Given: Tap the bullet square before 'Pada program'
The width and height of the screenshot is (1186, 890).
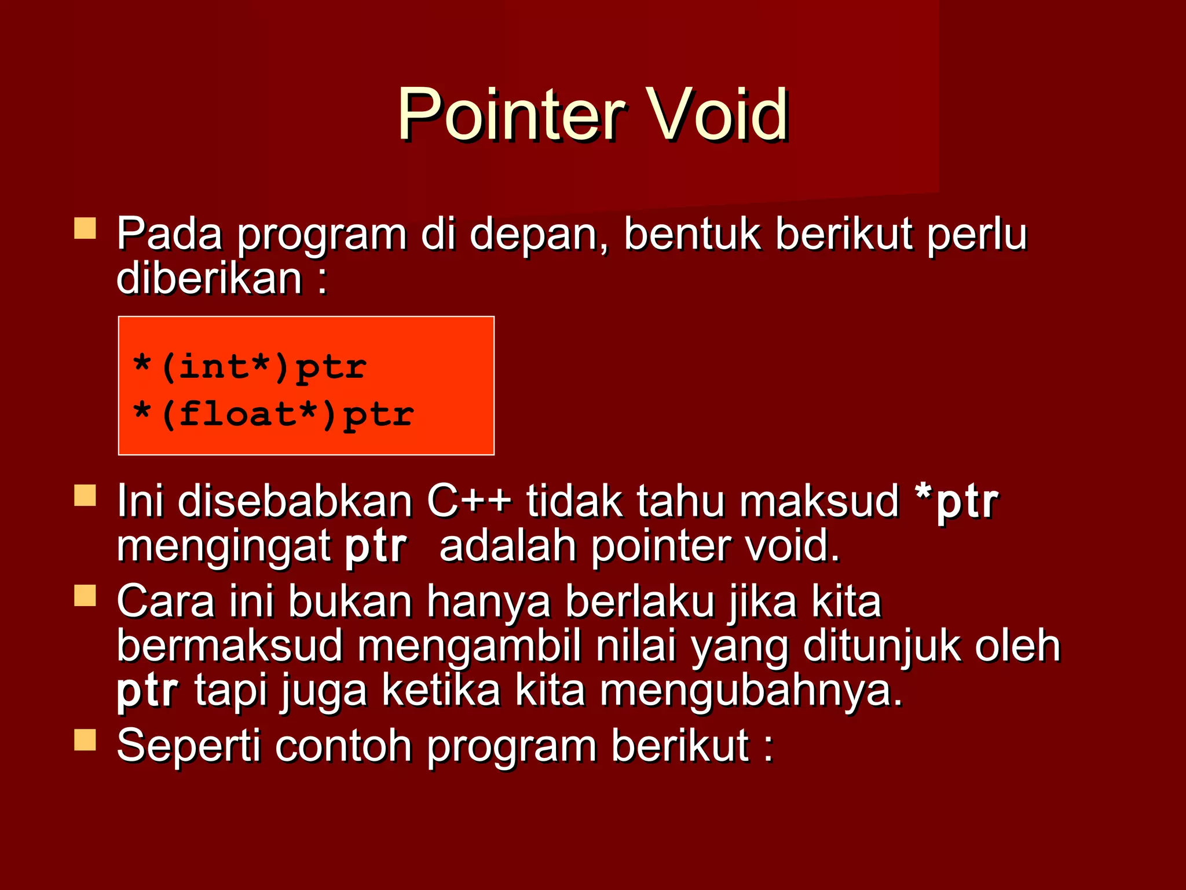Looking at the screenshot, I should click(85, 228).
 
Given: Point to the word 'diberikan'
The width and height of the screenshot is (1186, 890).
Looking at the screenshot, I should click(209, 278).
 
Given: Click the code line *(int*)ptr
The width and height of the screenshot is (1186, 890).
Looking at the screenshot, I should click(249, 367).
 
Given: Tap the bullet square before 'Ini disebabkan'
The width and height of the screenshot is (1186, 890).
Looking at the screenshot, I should click(85, 496).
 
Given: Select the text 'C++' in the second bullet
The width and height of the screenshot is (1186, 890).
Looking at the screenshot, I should click(469, 501).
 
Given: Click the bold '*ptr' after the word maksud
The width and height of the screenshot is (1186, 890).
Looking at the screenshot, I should click(956, 501).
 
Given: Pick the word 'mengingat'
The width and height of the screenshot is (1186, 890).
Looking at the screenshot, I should click(224, 547).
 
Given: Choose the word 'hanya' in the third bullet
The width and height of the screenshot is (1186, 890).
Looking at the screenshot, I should click(488, 603).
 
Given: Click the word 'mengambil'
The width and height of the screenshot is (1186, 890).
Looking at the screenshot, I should click(469, 647).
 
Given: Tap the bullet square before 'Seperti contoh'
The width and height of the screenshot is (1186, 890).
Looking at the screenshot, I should click(85, 740).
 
